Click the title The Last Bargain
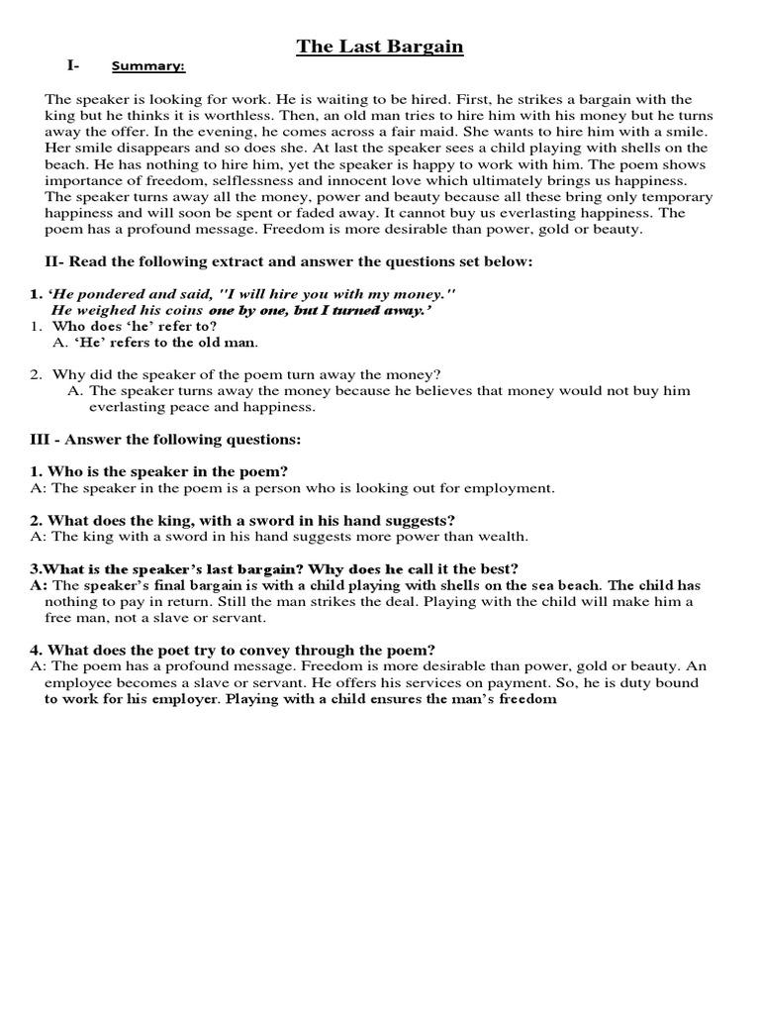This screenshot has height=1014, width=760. tap(381, 47)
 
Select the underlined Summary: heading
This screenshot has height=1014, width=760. tap(148, 67)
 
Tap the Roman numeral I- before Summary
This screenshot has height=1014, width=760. tap(73, 66)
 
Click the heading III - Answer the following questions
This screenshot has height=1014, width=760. tap(165, 439)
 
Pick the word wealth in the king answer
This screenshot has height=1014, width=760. tap(502, 536)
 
